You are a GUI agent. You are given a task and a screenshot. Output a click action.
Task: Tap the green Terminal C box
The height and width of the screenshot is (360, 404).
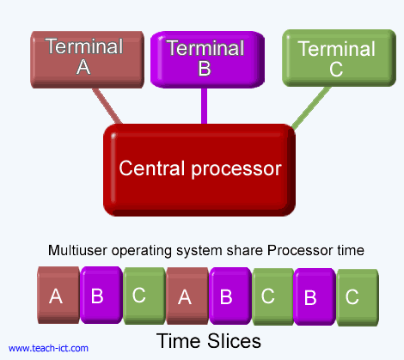pyautogui.click(x=335, y=58)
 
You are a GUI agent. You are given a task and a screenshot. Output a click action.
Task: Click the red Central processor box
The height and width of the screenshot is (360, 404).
pyautogui.click(x=199, y=168)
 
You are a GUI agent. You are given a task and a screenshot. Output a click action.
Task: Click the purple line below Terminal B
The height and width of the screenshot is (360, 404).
pyautogui.click(x=204, y=106)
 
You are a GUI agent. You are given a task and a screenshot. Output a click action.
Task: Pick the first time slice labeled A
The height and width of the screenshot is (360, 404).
pyautogui.click(x=57, y=296)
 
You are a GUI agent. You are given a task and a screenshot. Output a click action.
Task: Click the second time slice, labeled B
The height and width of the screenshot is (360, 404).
pyautogui.click(x=98, y=296)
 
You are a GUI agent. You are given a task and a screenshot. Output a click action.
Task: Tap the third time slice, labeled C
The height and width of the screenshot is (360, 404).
pyautogui.click(x=140, y=296)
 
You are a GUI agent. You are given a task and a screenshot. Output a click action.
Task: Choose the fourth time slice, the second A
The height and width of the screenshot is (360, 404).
pyautogui.click(x=184, y=296)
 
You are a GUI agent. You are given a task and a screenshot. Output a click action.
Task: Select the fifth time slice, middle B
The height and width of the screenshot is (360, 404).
pyautogui.click(x=227, y=296)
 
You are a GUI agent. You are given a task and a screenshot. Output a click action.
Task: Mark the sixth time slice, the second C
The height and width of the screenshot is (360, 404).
pyautogui.click(x=269, y=296)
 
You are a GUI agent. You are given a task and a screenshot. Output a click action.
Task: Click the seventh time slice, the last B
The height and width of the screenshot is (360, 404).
pyautogui.click(x=311, y=296)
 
